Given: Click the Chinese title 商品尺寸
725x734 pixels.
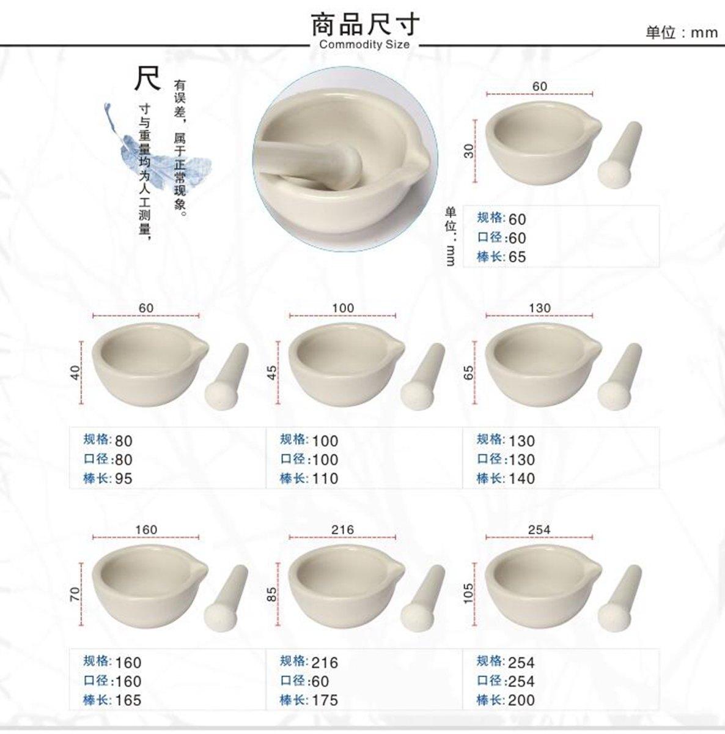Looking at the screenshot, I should [x=366, y=24].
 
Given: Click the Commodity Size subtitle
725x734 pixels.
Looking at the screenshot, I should [x=364, y=45].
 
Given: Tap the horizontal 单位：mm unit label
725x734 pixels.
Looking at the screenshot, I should [x=682, y=32].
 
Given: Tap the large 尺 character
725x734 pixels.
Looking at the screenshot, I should [x=147, y=78].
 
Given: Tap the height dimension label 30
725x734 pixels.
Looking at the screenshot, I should [x=469, y=150].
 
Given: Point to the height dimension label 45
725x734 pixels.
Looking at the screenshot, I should [x=273, y=372].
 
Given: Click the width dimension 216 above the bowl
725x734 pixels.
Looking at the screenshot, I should [x=342, y=530].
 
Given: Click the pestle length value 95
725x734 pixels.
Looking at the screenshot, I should [x=123, y=479].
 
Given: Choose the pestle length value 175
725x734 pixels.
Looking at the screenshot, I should [x=325, y=700].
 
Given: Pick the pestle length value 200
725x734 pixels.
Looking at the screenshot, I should [x=521, y=700].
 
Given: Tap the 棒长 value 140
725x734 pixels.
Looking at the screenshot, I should [x=521, y=479].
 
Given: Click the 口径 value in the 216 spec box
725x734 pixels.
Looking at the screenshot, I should [x=320, y=681].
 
